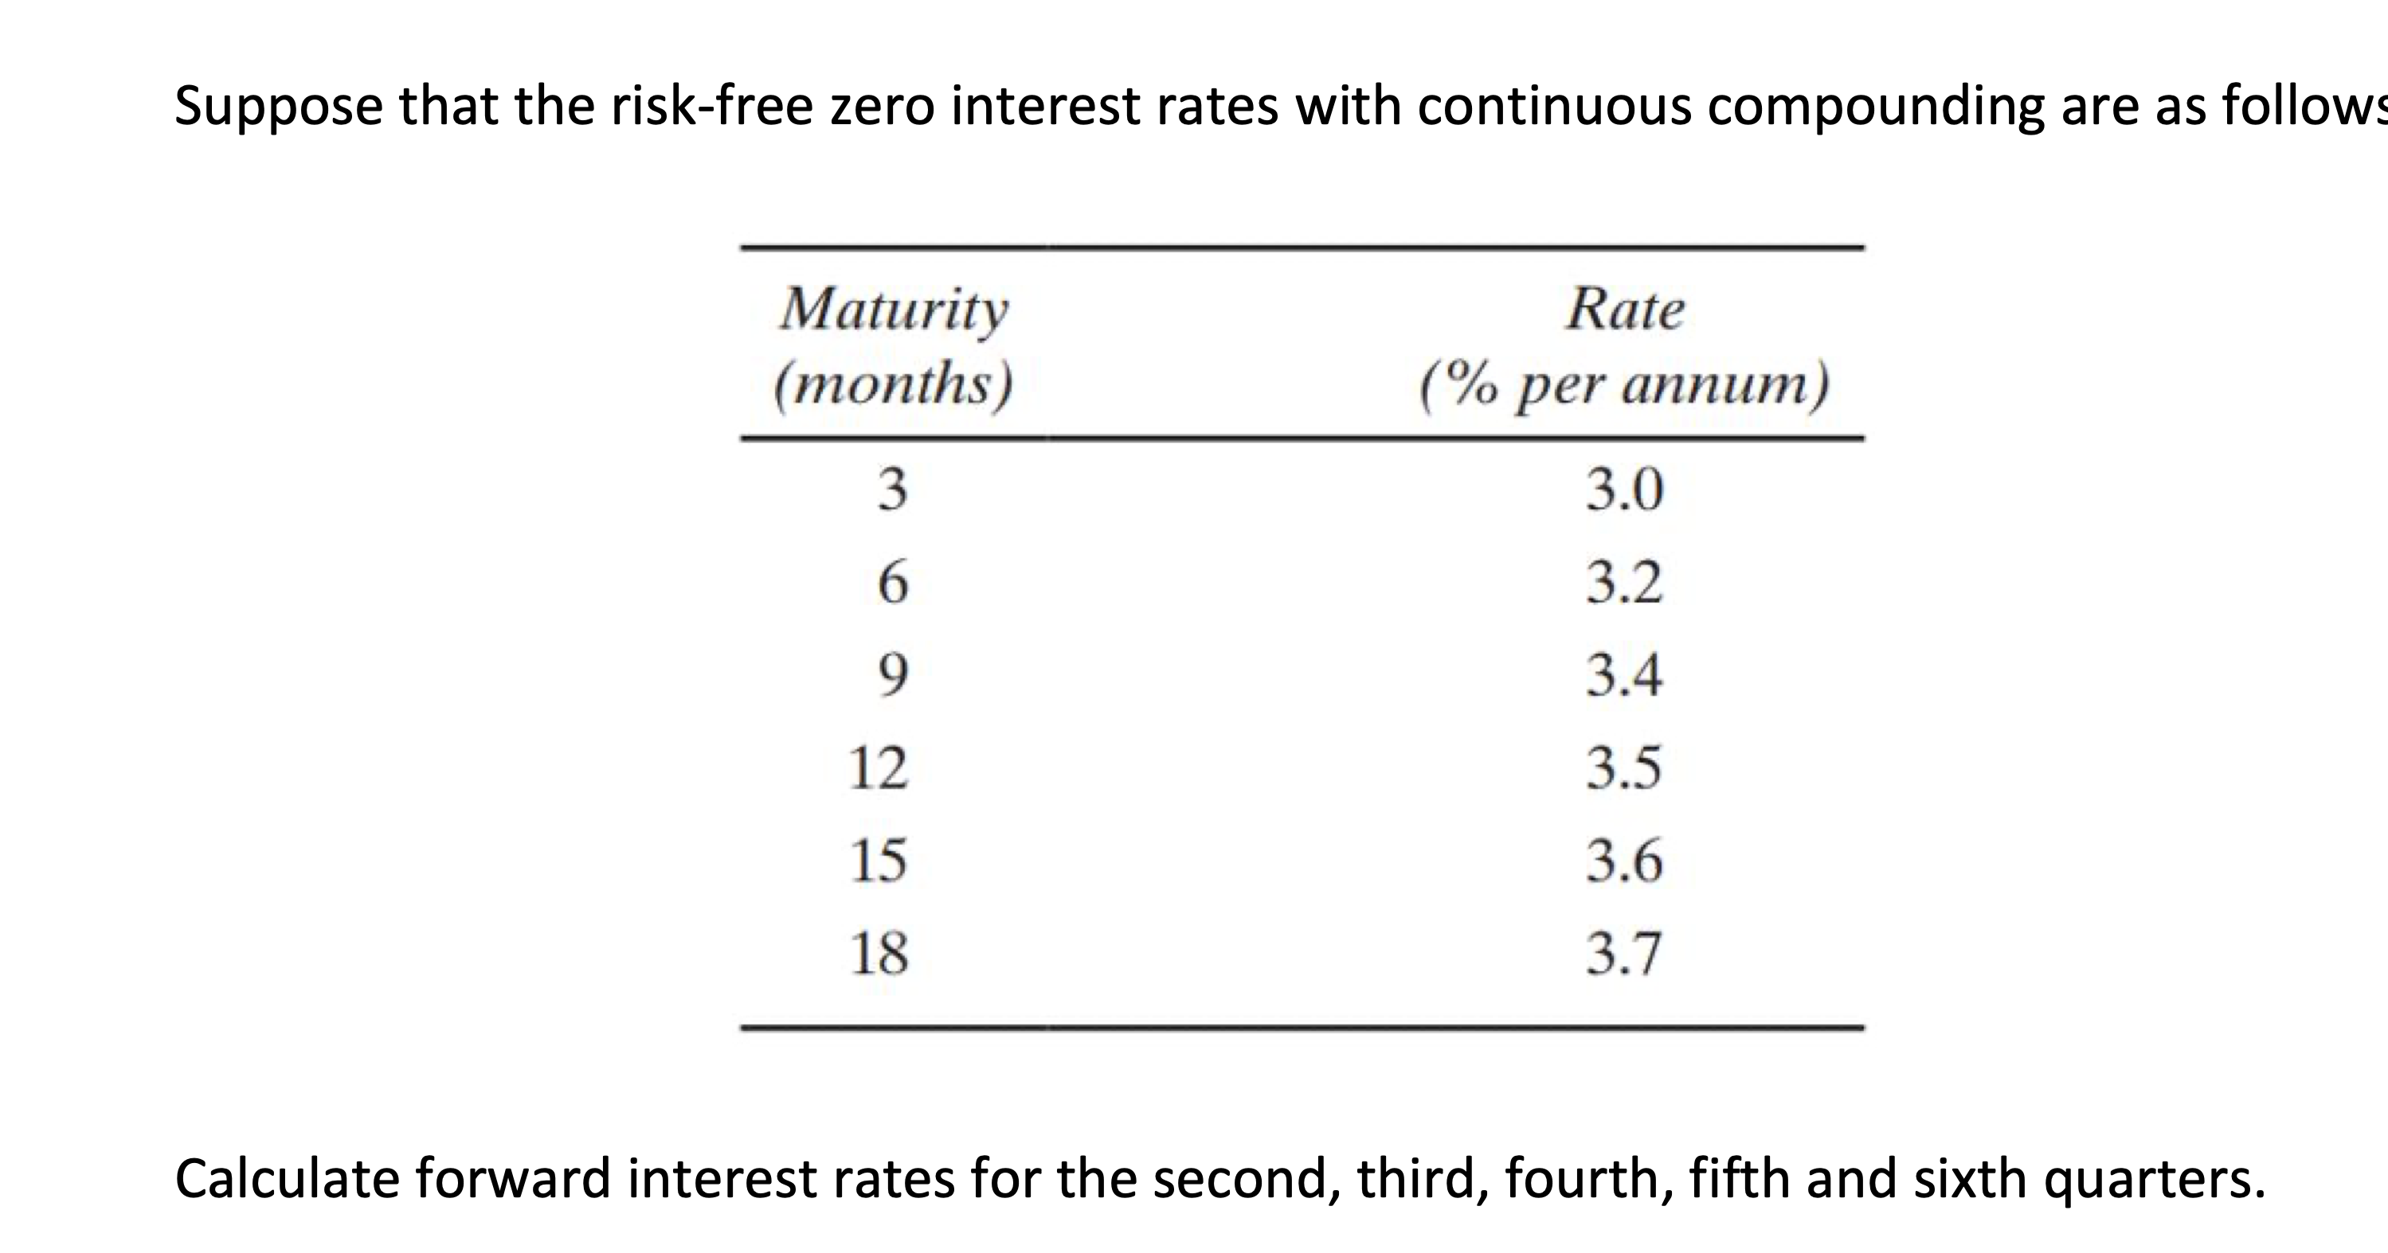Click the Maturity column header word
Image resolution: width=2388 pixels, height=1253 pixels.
894,310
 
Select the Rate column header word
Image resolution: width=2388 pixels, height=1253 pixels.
1625,309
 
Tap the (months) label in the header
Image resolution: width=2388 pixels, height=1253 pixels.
894,383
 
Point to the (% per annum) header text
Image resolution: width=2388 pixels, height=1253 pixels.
1625,384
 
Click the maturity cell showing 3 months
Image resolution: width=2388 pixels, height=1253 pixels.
893,489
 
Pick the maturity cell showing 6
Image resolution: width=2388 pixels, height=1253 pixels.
893,583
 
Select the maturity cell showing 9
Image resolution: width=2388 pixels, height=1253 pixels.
893,675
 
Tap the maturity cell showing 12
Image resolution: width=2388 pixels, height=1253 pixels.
879,767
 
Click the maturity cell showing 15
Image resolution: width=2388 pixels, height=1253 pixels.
879,860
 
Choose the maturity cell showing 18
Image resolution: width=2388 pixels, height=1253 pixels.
879,953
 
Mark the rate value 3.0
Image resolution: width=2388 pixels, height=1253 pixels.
1624,489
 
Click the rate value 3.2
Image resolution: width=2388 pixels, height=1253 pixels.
1624,582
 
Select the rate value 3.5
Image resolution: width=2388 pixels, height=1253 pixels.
1624,767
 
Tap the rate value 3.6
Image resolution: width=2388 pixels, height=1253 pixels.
1624,860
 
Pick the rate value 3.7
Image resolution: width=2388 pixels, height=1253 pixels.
1624,953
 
